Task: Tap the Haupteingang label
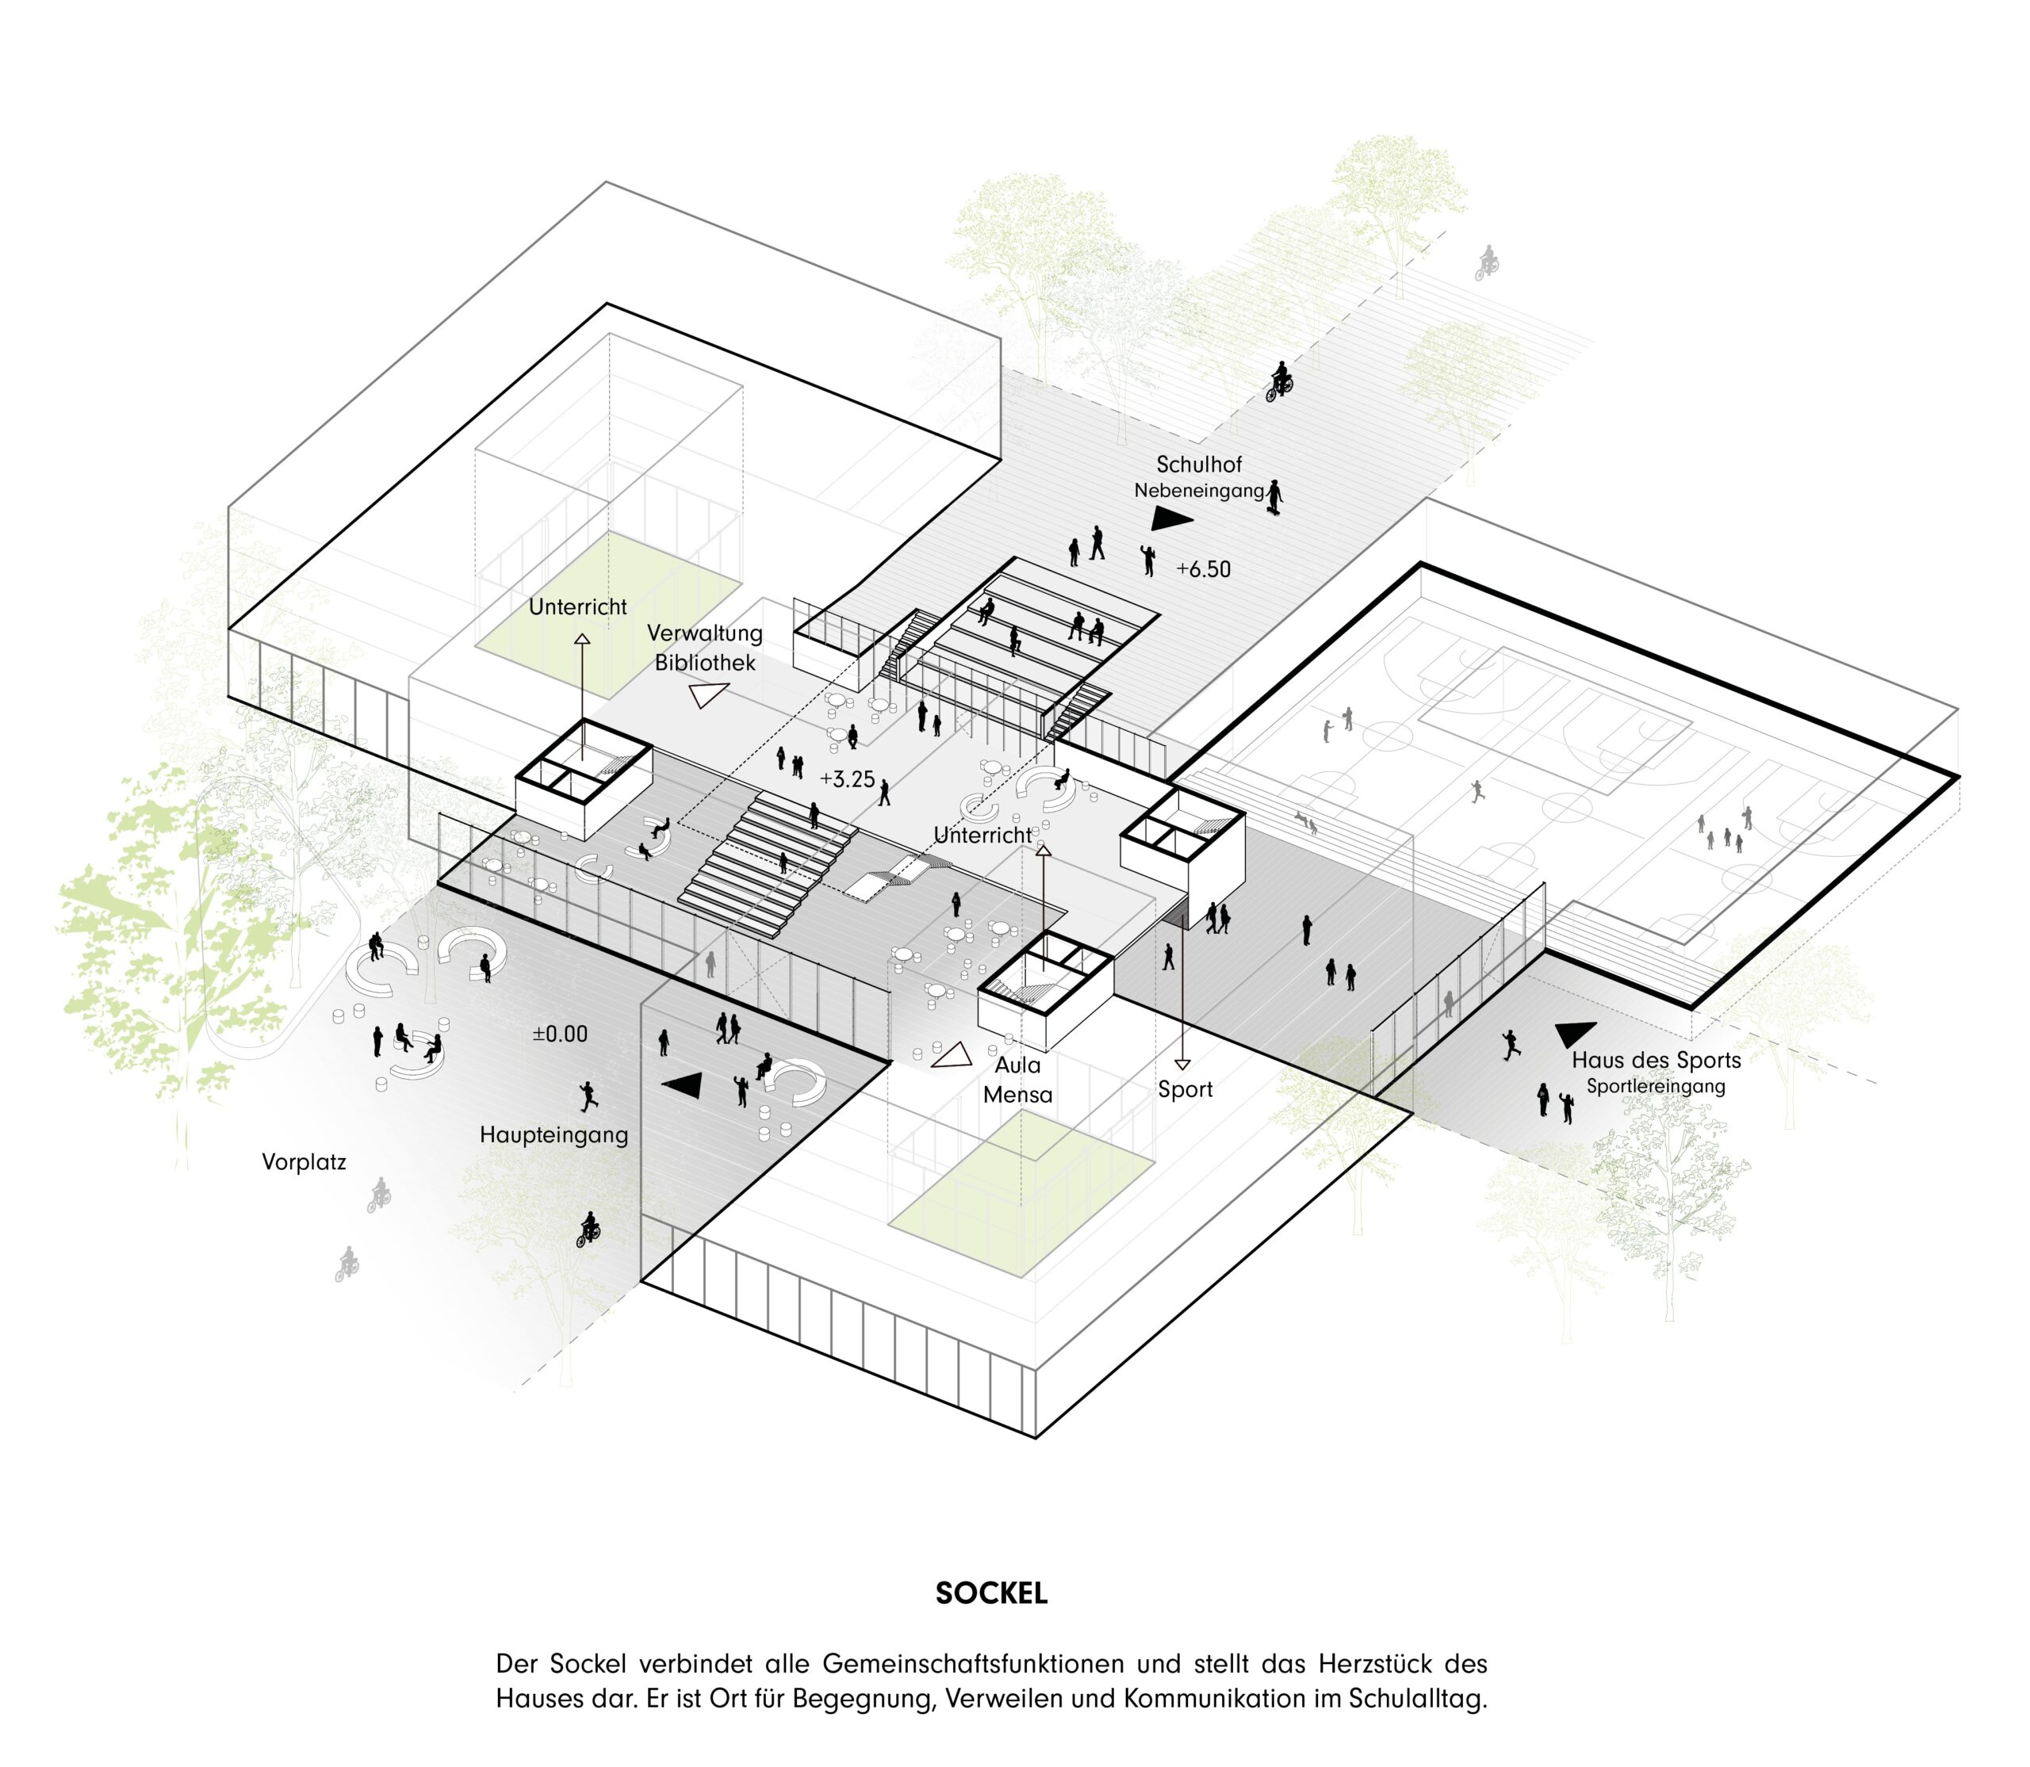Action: (x=553, y=1135)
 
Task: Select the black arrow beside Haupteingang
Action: (x=684, y=1084)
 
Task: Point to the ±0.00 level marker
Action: (x=559, y=1035)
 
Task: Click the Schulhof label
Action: (x=1198, y=464)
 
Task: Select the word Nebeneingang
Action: (x=1198, y=490)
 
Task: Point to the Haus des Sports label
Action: (x=1657, y=1060)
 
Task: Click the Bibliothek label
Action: (x=704, y=663)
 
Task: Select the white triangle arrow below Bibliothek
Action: (x=708, y=696)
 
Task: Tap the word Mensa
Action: (x=1017, y=1095)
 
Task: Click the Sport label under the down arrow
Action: (x=1185, y=1089)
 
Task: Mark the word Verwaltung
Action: (x=704, y=633)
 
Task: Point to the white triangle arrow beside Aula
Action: (x=952, y=1056)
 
